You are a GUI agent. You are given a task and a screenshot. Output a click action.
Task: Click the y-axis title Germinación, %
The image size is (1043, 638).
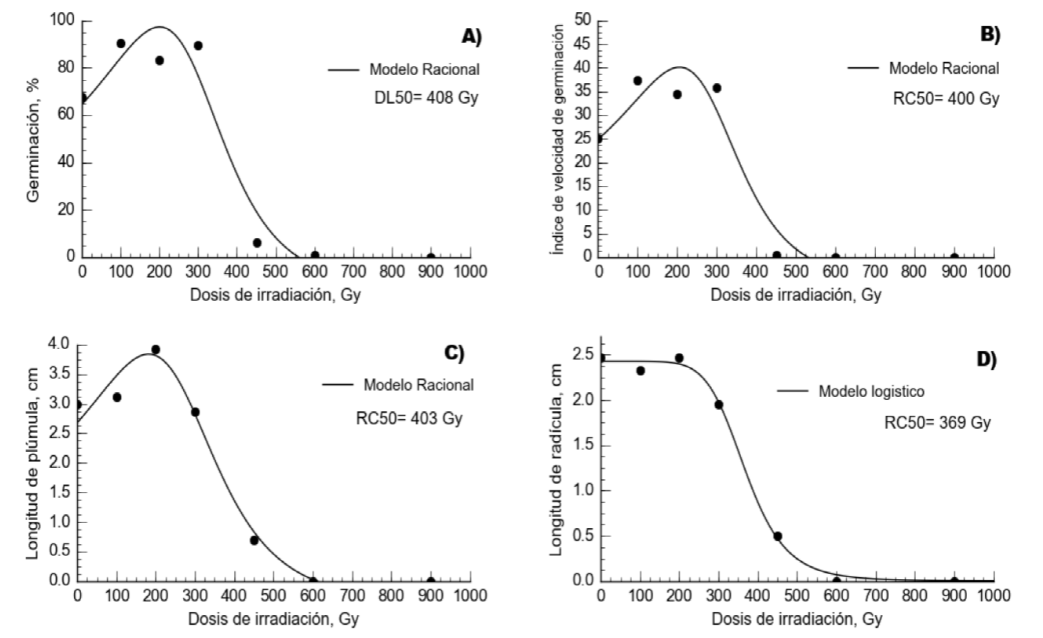pos(34,148)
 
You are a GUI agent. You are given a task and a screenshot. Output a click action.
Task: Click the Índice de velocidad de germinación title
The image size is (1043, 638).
pos(561,139)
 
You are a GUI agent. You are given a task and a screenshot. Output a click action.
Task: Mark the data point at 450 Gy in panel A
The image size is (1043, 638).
pos(257,243)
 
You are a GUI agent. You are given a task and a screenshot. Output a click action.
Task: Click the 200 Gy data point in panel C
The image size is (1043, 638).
pos(156,350)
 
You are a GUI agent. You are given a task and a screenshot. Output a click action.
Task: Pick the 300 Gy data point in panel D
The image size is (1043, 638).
pos(719,404)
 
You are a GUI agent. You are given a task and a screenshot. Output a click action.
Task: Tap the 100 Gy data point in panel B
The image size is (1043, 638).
pos(638,81)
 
